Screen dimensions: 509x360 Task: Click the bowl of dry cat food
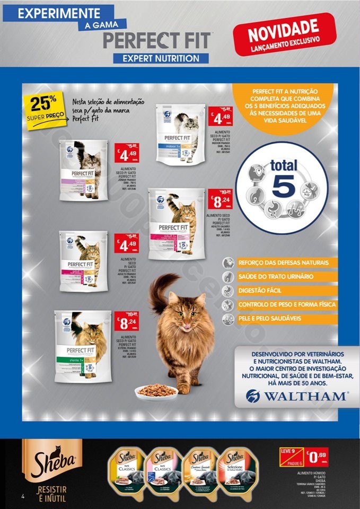pos(156,392)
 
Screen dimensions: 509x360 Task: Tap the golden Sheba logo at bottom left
pos(48,459)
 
